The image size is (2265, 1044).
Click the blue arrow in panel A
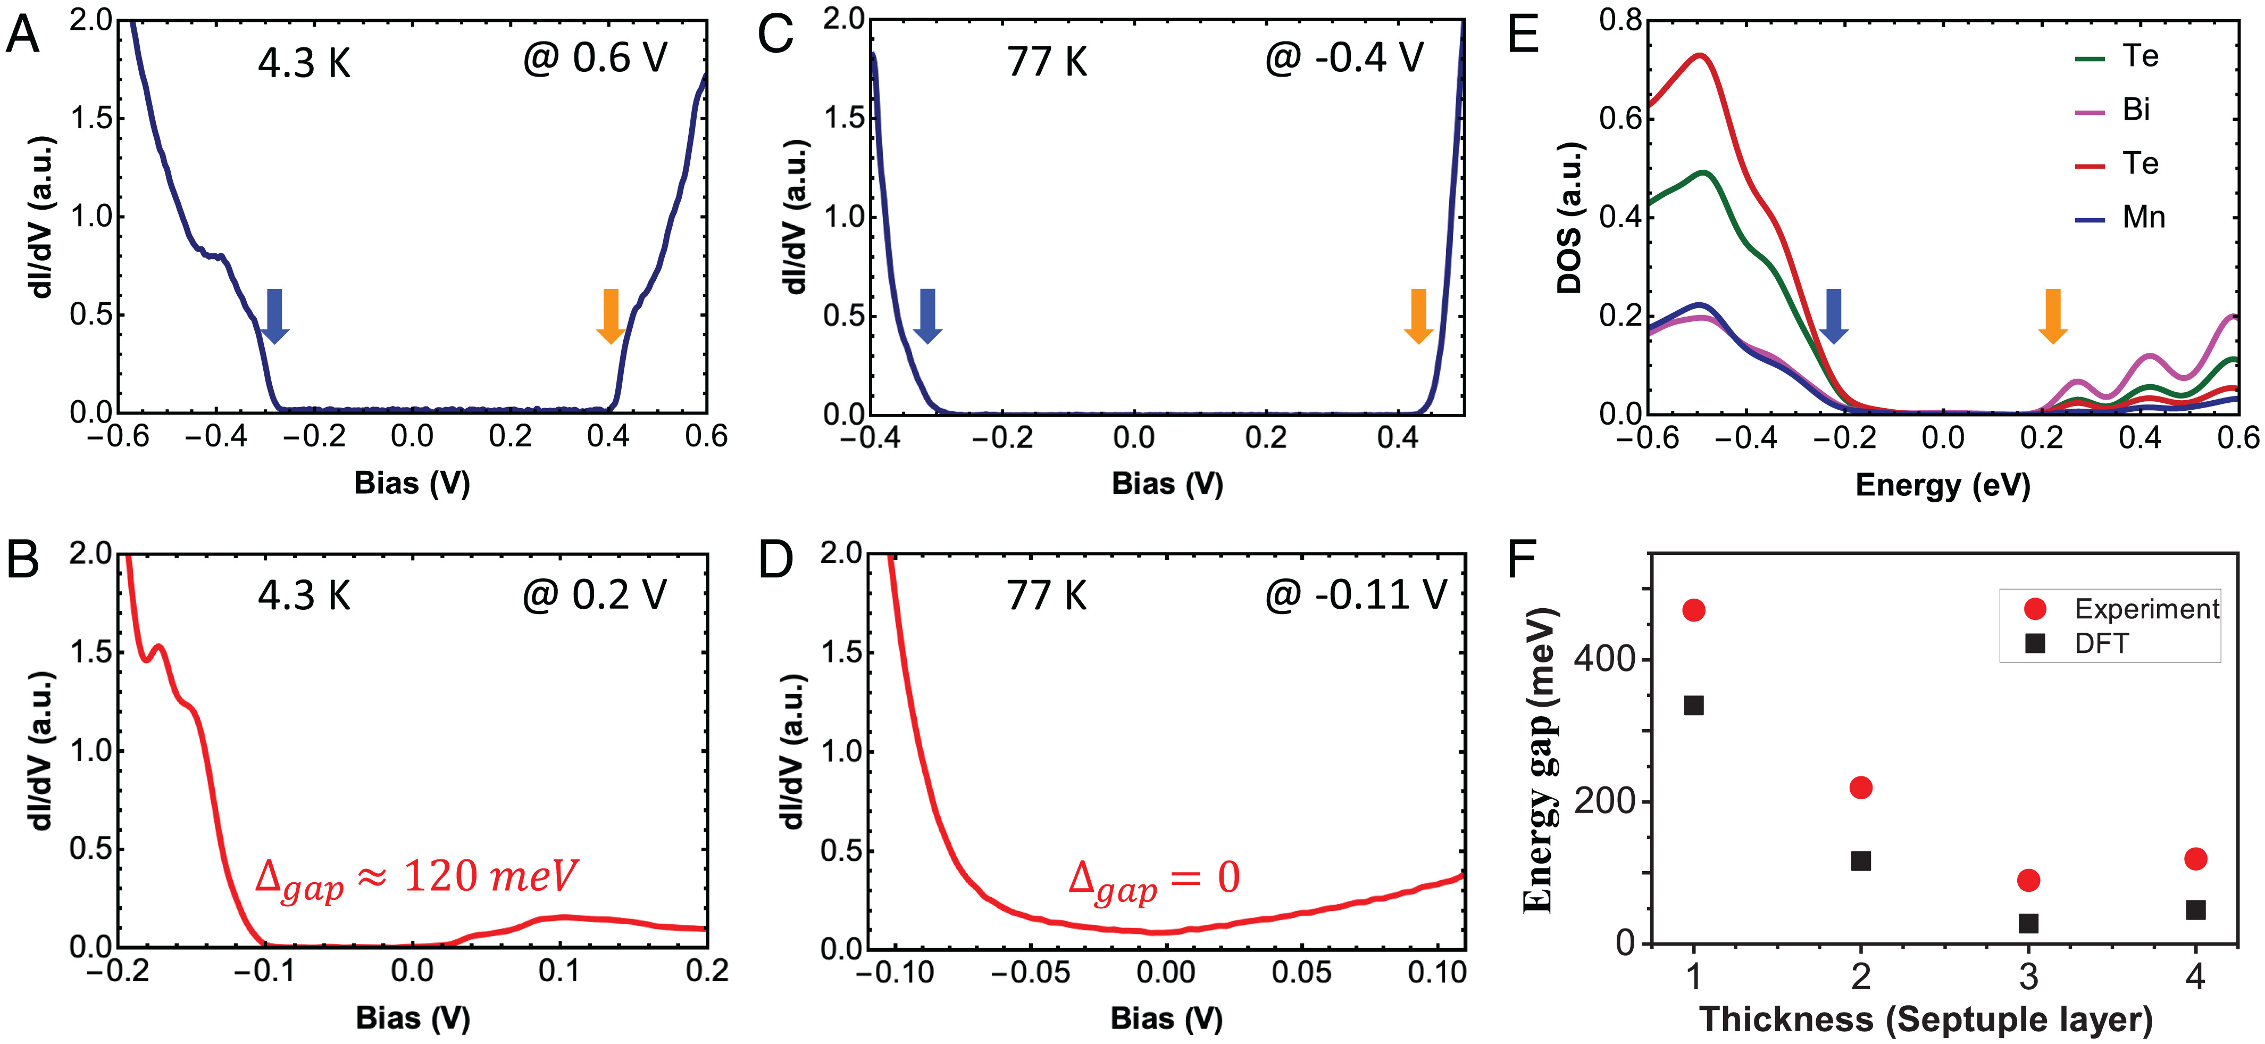point(274,316)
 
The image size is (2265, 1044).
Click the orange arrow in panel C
point(1418,316)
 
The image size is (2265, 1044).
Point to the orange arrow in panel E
point(2052,316)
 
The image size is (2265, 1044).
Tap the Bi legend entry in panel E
point(2114,110)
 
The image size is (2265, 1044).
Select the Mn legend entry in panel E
point(2120,217)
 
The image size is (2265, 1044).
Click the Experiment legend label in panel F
point(2146,609)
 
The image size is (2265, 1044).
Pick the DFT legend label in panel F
point(2101,644)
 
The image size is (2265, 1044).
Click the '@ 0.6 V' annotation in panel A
point(595,59)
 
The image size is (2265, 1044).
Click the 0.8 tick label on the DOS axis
point(1620,19)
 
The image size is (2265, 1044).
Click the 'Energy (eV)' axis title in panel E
point(1942,485)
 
